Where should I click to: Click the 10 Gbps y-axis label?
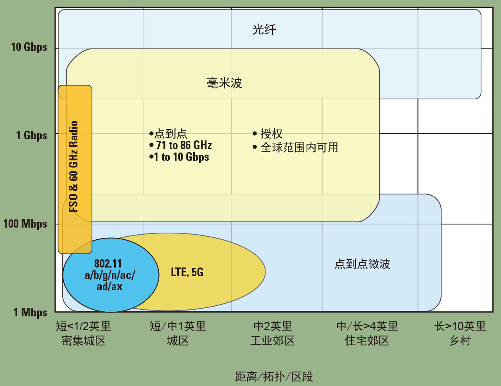click(29, 47)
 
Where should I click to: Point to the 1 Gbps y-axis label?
click(31, 135)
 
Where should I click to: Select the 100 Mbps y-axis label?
click(25, 224)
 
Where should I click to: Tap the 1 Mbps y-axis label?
click(31, 312)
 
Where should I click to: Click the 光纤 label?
click(264, 29)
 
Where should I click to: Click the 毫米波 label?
click(224, 83)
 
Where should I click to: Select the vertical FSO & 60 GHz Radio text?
click(74, 166)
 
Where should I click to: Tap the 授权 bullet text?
click(271, 134)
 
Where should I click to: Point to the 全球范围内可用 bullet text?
click(299, 147)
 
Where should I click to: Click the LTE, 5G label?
click(187, 272)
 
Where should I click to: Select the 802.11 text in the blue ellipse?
click(108, 264)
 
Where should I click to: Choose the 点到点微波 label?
click(362, 264)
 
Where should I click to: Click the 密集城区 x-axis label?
click(84, 341)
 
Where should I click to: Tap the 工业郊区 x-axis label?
click(273, 341)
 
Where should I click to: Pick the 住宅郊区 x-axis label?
click(367, 341)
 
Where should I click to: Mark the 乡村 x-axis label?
click(460, 341)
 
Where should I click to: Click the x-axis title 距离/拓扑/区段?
click(274, 377)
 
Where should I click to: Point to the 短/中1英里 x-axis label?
click(178, 326)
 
